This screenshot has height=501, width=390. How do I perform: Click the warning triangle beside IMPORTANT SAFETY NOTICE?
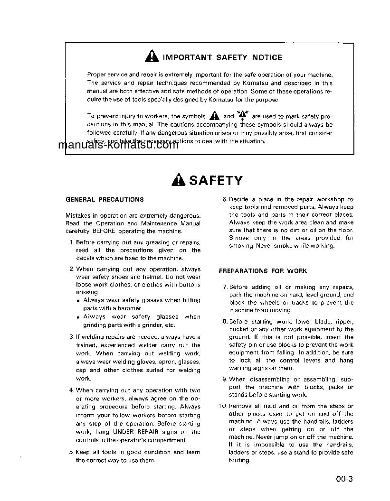pos(152,57)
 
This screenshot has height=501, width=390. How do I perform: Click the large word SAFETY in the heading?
pos(216,180)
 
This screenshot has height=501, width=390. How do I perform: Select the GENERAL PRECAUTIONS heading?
pos(105,199)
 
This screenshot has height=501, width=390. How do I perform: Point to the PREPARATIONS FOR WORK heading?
pos(263,271)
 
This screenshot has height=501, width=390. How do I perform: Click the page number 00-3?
pos(345,479)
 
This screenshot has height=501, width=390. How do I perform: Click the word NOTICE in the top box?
pos(267,57)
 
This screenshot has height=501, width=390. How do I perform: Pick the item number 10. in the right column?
pos(223,406)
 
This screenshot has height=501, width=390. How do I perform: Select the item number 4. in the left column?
pos(71,390)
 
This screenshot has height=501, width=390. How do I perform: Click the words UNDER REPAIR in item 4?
pos(133,432)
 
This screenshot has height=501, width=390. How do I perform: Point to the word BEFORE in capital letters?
pos(104,232)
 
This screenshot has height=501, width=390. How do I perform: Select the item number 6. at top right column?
pos(225,199)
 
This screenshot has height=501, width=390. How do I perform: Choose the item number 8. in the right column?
pos(225,322)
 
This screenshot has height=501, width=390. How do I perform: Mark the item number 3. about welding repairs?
pos(71,337)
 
